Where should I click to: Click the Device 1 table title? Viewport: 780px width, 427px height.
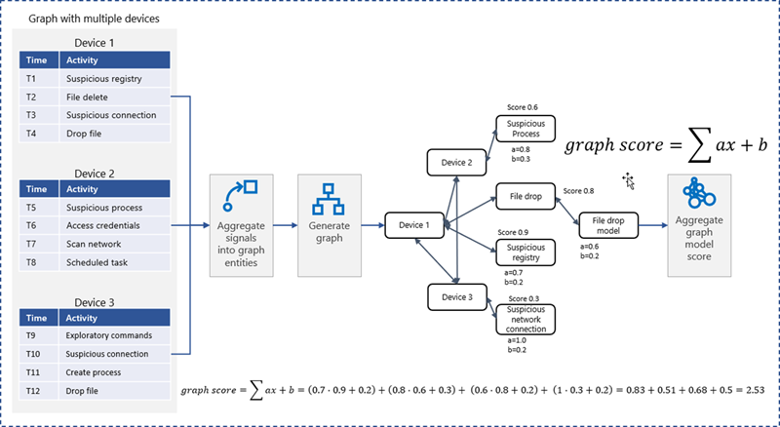[96, 42]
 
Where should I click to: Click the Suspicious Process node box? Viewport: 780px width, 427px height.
[525, 128]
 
